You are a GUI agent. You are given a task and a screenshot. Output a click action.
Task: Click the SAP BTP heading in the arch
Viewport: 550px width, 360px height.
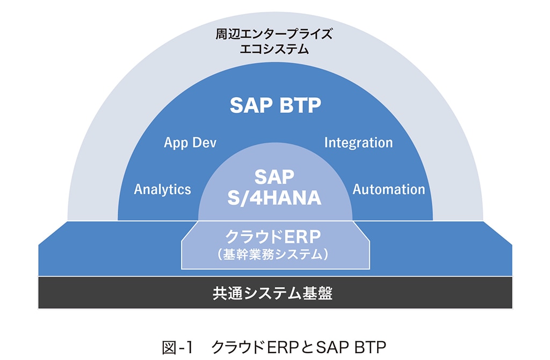click(275, 105)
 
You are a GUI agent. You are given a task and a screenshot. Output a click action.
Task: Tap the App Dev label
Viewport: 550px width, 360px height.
click(190, 143)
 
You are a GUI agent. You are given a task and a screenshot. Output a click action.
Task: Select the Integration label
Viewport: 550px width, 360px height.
click(358, 143)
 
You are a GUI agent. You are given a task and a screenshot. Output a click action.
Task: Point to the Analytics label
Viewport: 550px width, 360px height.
click(162, 189)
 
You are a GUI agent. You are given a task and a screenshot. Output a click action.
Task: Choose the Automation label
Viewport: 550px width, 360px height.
click(389, 189)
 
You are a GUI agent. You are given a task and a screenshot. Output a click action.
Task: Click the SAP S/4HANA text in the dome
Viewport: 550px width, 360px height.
click(275, 188)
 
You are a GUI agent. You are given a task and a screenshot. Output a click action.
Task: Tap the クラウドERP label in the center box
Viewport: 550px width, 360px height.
click(275, 236)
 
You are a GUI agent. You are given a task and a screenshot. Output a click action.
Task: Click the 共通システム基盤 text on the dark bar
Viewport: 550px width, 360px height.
click(275, 293)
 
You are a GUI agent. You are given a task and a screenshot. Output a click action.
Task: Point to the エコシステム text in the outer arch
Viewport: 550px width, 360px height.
click(275, 50)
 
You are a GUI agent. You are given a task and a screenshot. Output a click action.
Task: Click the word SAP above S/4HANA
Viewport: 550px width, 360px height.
click(275, 177)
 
